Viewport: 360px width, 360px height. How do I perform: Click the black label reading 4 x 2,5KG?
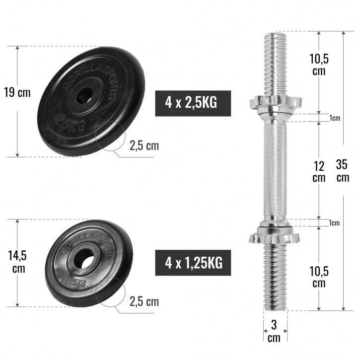point(193,103)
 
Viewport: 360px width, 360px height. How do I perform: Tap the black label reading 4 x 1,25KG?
point(193,260)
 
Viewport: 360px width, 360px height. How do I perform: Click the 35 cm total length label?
point(343,170)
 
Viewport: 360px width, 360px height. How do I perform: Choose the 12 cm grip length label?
point(318,171)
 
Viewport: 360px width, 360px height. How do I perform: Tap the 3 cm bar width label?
point(274,331)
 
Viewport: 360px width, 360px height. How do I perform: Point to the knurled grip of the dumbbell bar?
point(275,169)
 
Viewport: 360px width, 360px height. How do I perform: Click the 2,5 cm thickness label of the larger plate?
point(144,146)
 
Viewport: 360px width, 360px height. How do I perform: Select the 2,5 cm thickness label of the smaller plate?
point(144,301)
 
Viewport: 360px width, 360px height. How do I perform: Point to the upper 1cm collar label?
point(335,118)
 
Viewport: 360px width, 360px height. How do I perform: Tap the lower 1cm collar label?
point(335,223)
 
